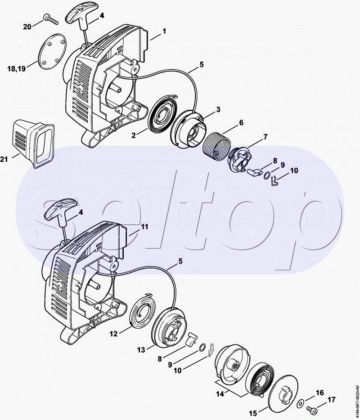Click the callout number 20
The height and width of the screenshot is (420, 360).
click(27, 27)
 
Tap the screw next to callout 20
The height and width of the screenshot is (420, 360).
click(50, 19)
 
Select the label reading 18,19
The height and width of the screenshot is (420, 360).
click(17, 68)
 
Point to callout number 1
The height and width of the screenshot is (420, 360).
click(164, 31)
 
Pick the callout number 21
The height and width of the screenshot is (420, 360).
click(4, 159)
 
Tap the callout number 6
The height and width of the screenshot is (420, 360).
click(241, 123)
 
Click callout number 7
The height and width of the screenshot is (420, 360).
click(265, 137)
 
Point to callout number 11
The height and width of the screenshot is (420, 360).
click(145, 227)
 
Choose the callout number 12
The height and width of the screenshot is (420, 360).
click(114, 334)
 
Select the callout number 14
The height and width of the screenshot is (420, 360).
click(220, 394)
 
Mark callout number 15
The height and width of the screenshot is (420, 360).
click(253, 414)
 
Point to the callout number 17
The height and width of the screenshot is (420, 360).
click(331, 400)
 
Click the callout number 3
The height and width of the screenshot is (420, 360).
click(218, 109)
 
